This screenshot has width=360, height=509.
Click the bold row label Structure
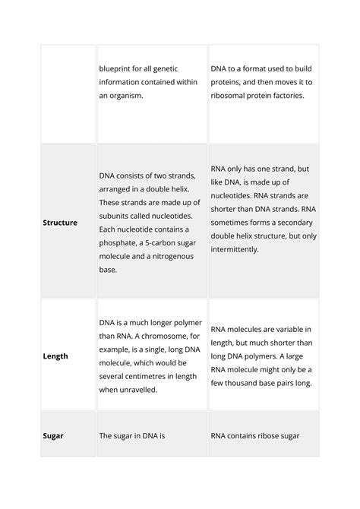(x=60, y=223)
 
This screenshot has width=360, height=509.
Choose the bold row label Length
(x=55, y=356)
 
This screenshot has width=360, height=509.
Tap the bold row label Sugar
(x=53, y=436)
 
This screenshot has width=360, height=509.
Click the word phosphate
(x=121, y=242)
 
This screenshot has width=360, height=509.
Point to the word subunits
(x=118, y=215)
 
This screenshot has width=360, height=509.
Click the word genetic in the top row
(x=167, y=68)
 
